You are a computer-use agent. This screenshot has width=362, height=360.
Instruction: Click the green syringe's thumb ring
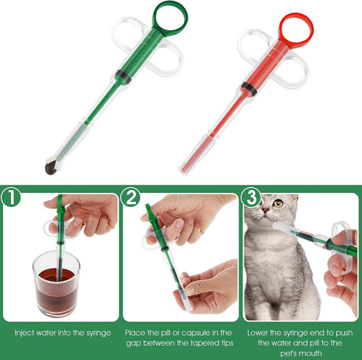point(170,17)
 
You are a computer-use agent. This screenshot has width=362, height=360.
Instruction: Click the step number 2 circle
point(132,198)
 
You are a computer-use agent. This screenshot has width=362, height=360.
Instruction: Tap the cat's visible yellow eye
point(278,203)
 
